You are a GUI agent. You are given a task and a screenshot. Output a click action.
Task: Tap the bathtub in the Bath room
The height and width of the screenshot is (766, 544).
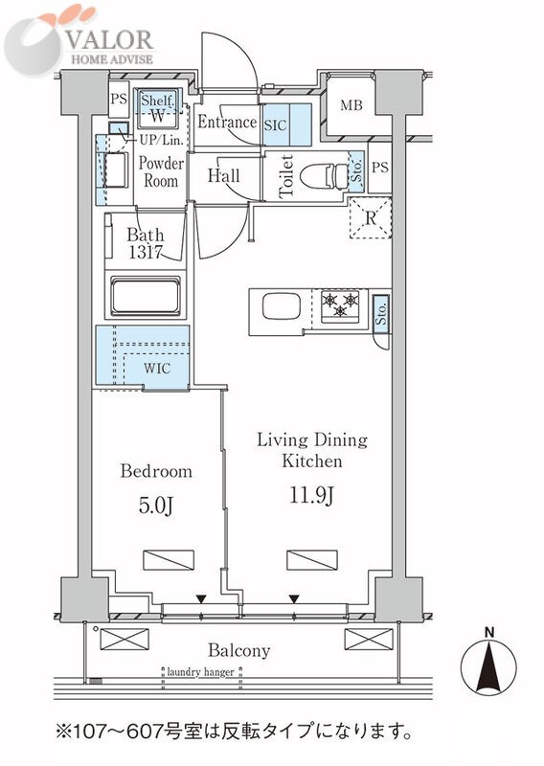146,296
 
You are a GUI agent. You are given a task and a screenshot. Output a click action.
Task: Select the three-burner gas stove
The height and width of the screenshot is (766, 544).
340,306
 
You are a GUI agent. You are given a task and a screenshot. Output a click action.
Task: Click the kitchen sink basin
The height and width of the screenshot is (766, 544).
281,307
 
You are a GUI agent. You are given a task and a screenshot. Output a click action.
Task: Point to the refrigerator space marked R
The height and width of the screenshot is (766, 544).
371,217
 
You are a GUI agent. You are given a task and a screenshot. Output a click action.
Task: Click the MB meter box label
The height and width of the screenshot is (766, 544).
351,104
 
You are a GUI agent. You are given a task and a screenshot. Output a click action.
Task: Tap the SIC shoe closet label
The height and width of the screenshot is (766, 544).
275,125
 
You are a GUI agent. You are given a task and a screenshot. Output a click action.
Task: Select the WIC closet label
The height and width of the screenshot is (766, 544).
157,368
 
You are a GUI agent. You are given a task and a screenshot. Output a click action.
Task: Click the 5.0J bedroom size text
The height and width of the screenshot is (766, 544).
155,506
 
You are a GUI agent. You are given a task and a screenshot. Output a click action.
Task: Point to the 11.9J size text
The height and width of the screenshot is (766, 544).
311,495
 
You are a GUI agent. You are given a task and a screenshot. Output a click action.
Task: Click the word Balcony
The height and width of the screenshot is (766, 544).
239,651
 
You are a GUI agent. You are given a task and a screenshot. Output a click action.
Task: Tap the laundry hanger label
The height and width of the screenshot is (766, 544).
200,672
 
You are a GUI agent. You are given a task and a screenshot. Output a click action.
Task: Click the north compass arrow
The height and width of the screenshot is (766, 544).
488,667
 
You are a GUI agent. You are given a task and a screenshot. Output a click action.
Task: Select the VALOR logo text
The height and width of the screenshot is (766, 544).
110,40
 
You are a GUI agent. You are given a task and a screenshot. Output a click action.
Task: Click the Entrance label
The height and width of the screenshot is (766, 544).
227,122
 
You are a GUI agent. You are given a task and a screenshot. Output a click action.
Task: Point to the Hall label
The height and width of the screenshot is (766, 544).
223,176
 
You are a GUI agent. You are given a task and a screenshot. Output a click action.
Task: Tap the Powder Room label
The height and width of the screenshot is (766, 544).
161,172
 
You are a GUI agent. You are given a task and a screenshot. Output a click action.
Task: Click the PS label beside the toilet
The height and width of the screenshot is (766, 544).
380,167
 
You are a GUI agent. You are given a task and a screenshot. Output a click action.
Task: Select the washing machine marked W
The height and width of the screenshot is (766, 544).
157,116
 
